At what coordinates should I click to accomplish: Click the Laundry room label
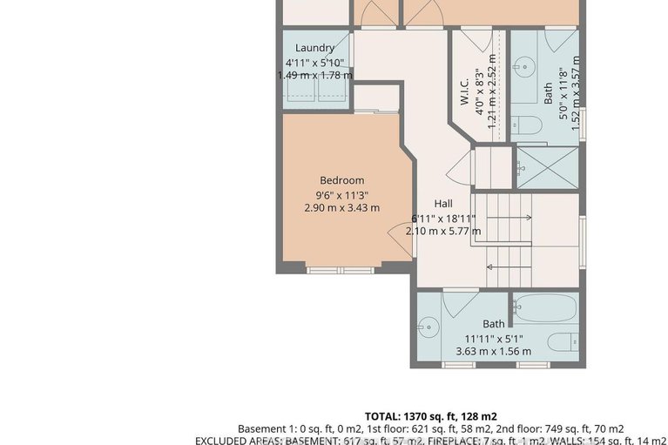(x=314, y=48)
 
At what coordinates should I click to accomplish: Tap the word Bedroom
(x=341, y=180)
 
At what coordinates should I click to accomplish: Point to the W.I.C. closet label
(x=465, y=91)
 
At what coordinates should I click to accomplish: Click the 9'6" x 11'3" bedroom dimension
(x=341, y=194)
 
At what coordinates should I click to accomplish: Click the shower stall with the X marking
(x=546, y=165)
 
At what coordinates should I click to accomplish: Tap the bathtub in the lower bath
(x=544, y=307)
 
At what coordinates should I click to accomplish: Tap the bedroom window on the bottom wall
(x=338, y=268)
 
